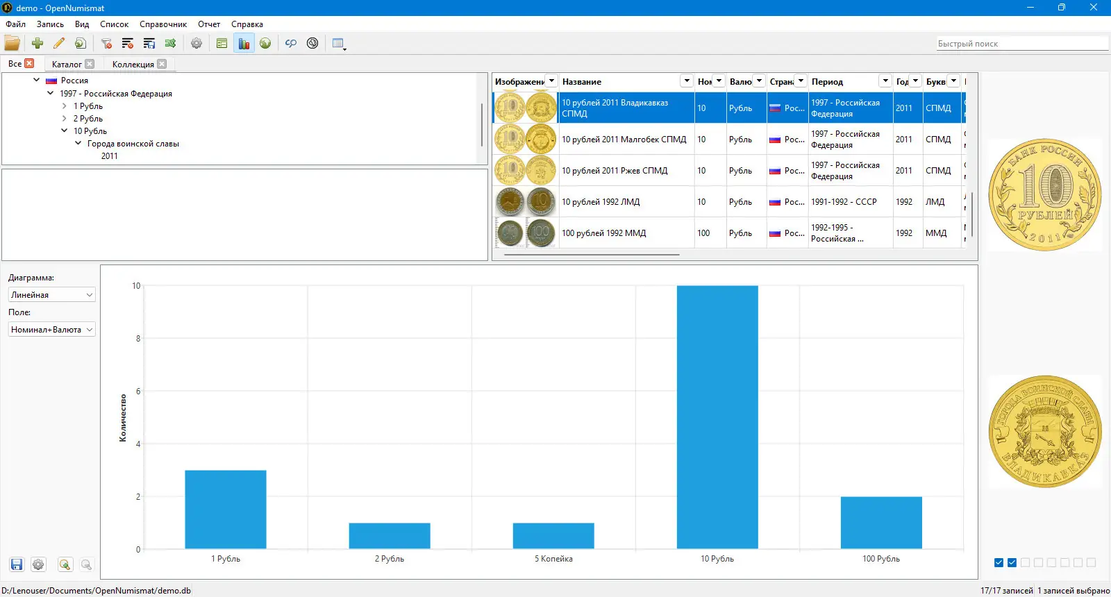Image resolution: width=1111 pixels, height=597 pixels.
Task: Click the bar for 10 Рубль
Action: (x=717, y=417)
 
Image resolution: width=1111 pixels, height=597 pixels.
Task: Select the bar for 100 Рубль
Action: (x=881, y=522)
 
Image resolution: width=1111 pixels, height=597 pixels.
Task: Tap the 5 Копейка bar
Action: (x=553, y=535)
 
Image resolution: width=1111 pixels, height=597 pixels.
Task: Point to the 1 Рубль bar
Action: (x=225, y=509)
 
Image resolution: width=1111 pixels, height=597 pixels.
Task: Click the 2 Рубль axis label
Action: (x=390, y=559)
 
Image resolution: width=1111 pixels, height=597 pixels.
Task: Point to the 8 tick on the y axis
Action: (x=137, y=339)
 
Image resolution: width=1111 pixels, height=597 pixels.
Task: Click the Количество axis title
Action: (x=123, y=418)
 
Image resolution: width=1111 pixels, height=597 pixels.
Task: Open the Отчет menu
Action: (x=209, y=24)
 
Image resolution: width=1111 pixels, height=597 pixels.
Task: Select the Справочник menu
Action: (x=163, y=24)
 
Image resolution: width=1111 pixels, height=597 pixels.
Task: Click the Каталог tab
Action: (x=67, y=64)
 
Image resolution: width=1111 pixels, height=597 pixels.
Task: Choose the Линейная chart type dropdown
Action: (x=51, y=295)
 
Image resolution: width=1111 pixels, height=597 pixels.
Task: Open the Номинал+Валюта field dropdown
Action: (x=51, y=330)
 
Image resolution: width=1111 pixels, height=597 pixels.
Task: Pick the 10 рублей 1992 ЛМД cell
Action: (x=601, y=202)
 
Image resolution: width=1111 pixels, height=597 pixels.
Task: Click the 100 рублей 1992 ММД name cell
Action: (x=604, y=233)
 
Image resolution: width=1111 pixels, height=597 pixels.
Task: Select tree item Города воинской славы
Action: (x=133, y=144)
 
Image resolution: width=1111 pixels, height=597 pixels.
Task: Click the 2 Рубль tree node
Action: (x=88, y=119)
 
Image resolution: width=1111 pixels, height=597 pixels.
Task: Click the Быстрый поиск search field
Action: (x=1021, y=44)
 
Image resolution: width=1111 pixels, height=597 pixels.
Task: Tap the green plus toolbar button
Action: (x=37, y=43)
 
